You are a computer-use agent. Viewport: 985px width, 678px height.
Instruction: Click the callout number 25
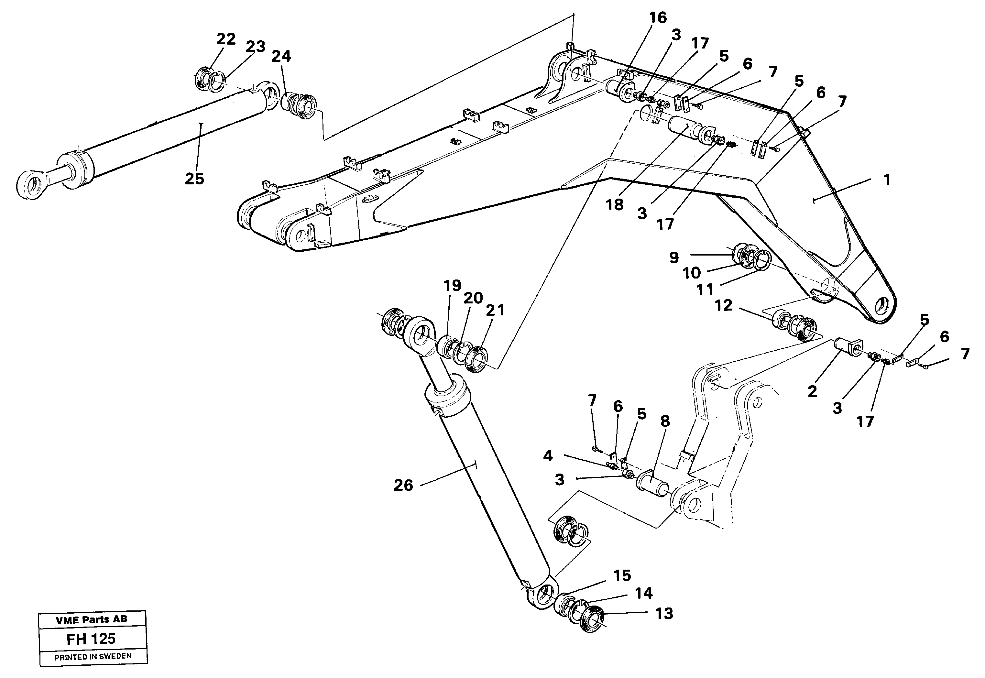(x=194, y=179)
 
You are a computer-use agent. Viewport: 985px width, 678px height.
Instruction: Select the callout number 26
(x=403, y=486)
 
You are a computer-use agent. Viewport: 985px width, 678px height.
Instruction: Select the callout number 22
(x=225, y=39)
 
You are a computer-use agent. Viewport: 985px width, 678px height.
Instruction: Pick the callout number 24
(x=281, y=57)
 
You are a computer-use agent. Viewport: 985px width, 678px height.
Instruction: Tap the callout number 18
(x=615, y=205)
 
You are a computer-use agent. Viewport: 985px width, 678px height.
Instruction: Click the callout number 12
(x=723, y=305)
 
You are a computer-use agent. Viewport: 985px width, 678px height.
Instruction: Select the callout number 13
(x=664, y=614)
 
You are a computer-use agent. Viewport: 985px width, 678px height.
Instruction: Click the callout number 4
(x=548, y=456)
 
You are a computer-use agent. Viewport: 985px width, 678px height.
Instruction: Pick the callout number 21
(x=495, y=311)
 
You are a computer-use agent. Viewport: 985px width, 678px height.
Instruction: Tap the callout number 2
(x=812, y=392)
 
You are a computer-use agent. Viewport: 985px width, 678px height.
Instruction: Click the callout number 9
(x=674, y=257)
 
